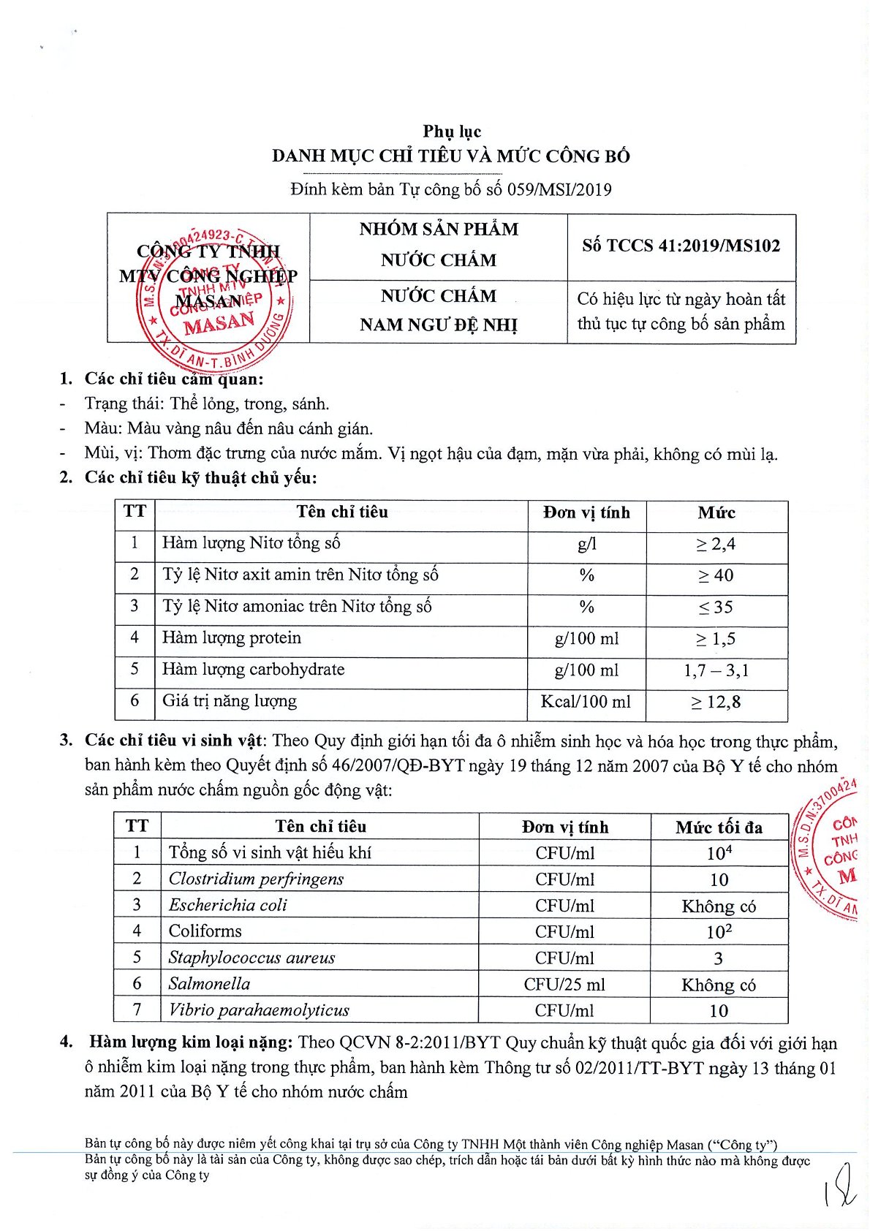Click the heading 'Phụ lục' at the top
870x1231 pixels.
coord(452,132)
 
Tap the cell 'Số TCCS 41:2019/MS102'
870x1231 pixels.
coord(681,246)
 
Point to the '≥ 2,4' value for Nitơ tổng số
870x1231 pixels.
coord(716,544)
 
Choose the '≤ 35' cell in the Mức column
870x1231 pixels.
coord(716,607)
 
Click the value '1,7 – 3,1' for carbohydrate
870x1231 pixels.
coord(716,670)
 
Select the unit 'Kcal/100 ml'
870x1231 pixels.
coord(586,702)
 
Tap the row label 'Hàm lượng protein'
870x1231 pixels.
coord(232,638)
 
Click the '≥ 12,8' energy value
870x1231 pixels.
coord(716,702)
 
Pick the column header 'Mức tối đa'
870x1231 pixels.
coord(719,827)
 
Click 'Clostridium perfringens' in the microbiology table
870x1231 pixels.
coord(256,879)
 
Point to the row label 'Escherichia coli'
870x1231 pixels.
coord(228,905)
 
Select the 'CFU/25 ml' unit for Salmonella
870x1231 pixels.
coord(564,985)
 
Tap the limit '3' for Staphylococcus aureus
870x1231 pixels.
coord(718,958)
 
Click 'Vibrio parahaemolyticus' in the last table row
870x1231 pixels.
coord(259,1010)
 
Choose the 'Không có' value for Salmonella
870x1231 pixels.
coord(719,985)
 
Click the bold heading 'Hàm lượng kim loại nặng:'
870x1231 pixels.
coord(192,1042)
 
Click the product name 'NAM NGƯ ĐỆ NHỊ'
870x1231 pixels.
coord(439,325)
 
